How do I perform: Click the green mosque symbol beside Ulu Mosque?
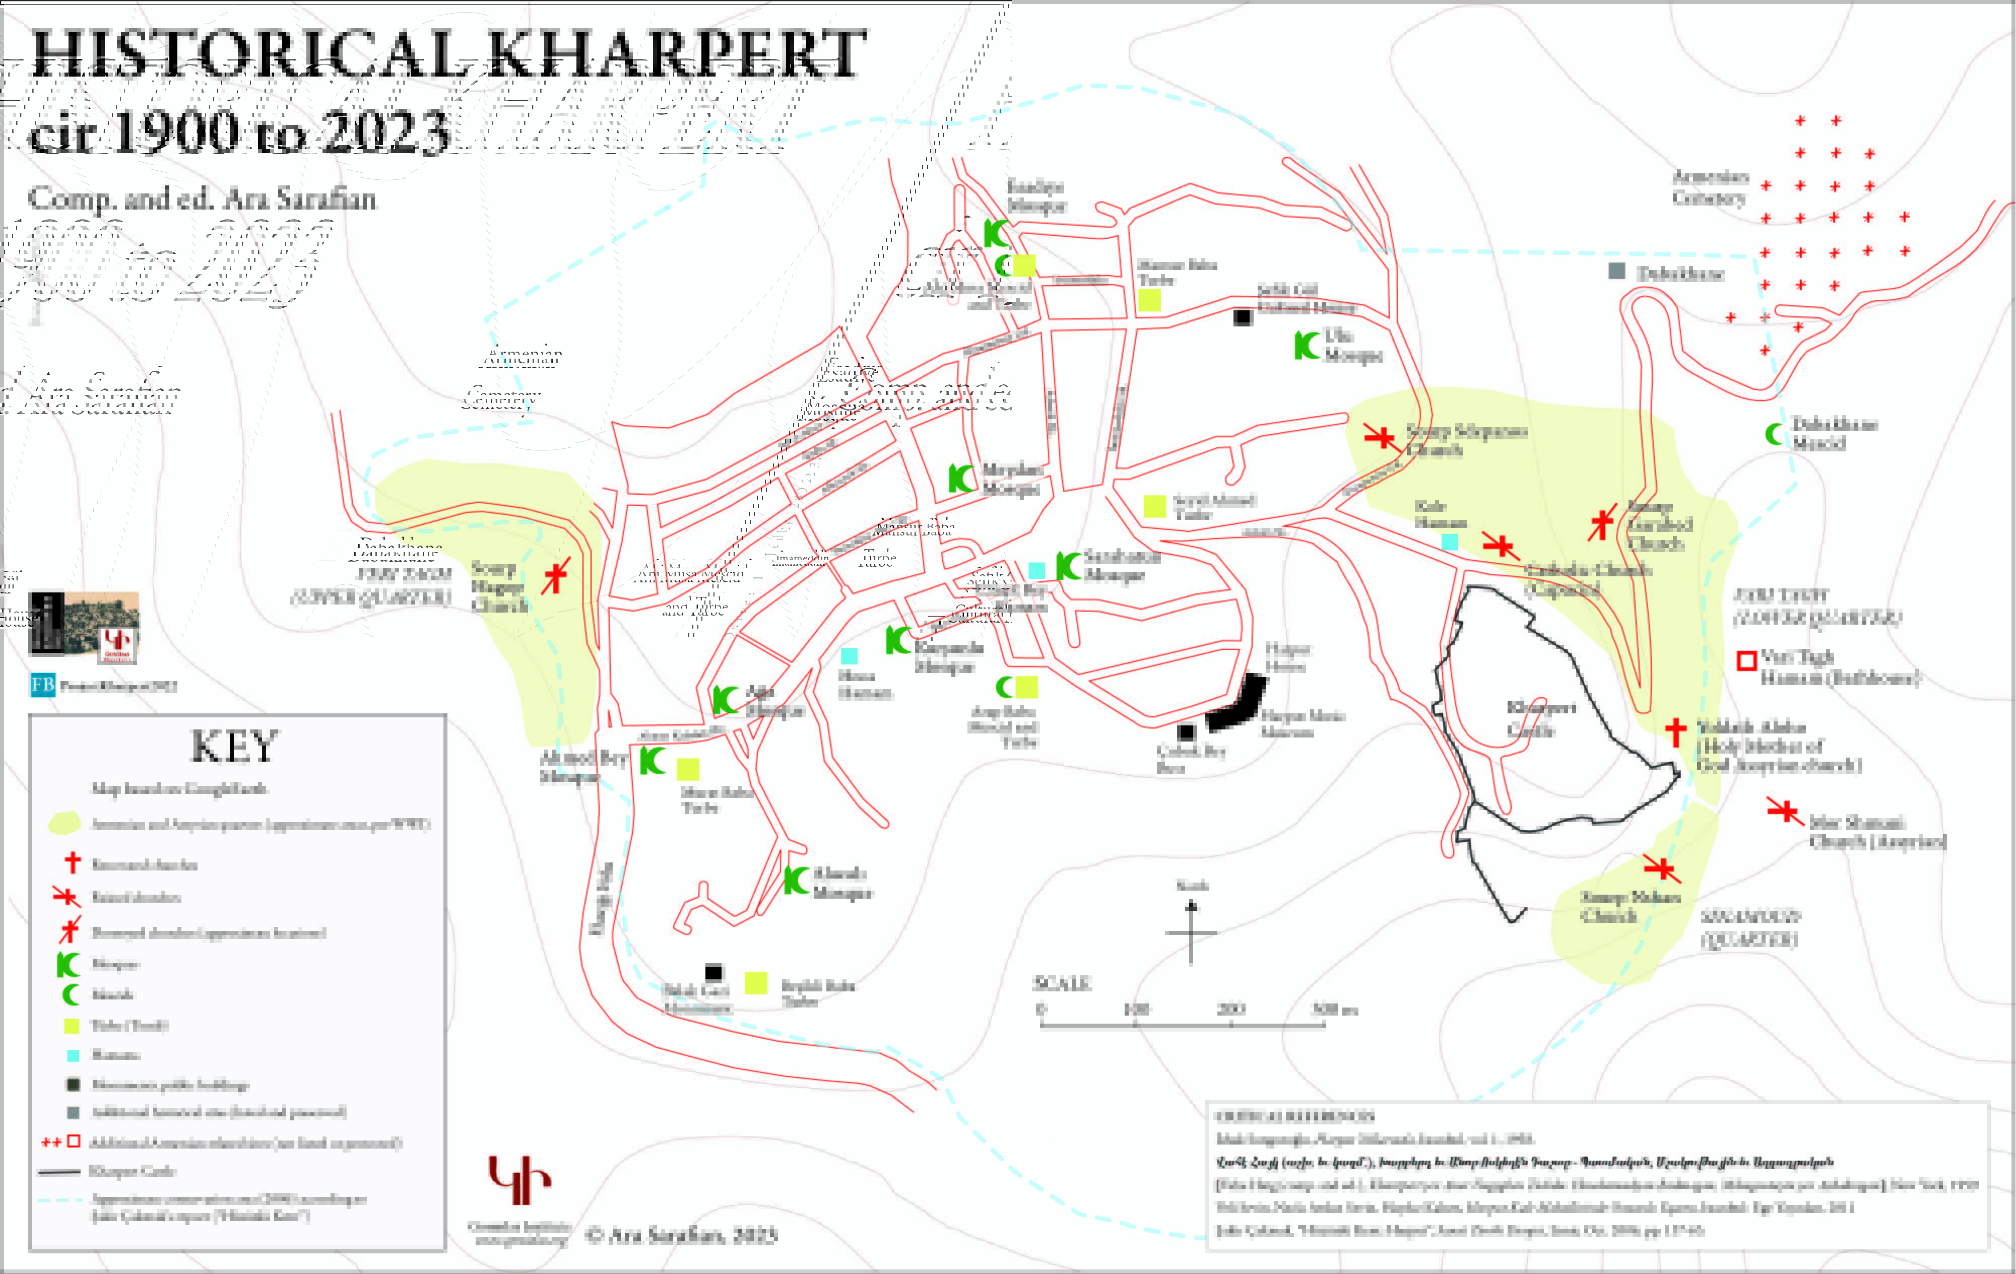tap(1306, 345)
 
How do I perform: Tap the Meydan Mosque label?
tap(1011, 479)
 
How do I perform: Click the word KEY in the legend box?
tap(234, 747)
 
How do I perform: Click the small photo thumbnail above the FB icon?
tap(84, 624)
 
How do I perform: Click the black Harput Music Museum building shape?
tap(1239, 704)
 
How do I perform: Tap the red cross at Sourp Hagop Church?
tap(555, 576)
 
